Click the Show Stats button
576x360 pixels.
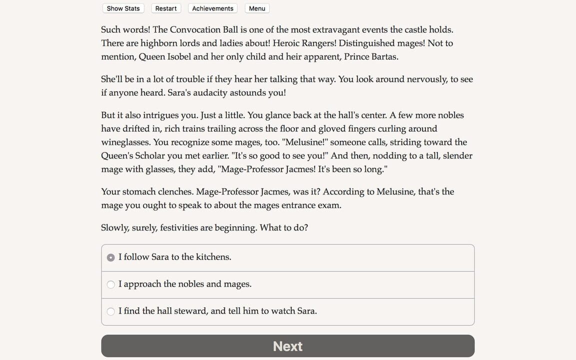click(123, 8)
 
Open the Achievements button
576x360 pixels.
click(212, 8)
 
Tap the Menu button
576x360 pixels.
click(257, 8)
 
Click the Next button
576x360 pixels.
click(287, 346)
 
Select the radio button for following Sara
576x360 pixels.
click(111, 257)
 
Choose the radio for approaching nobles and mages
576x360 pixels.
click(111, 284)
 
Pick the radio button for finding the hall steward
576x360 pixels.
click(111, 311)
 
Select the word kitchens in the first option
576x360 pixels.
click(213, 257)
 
